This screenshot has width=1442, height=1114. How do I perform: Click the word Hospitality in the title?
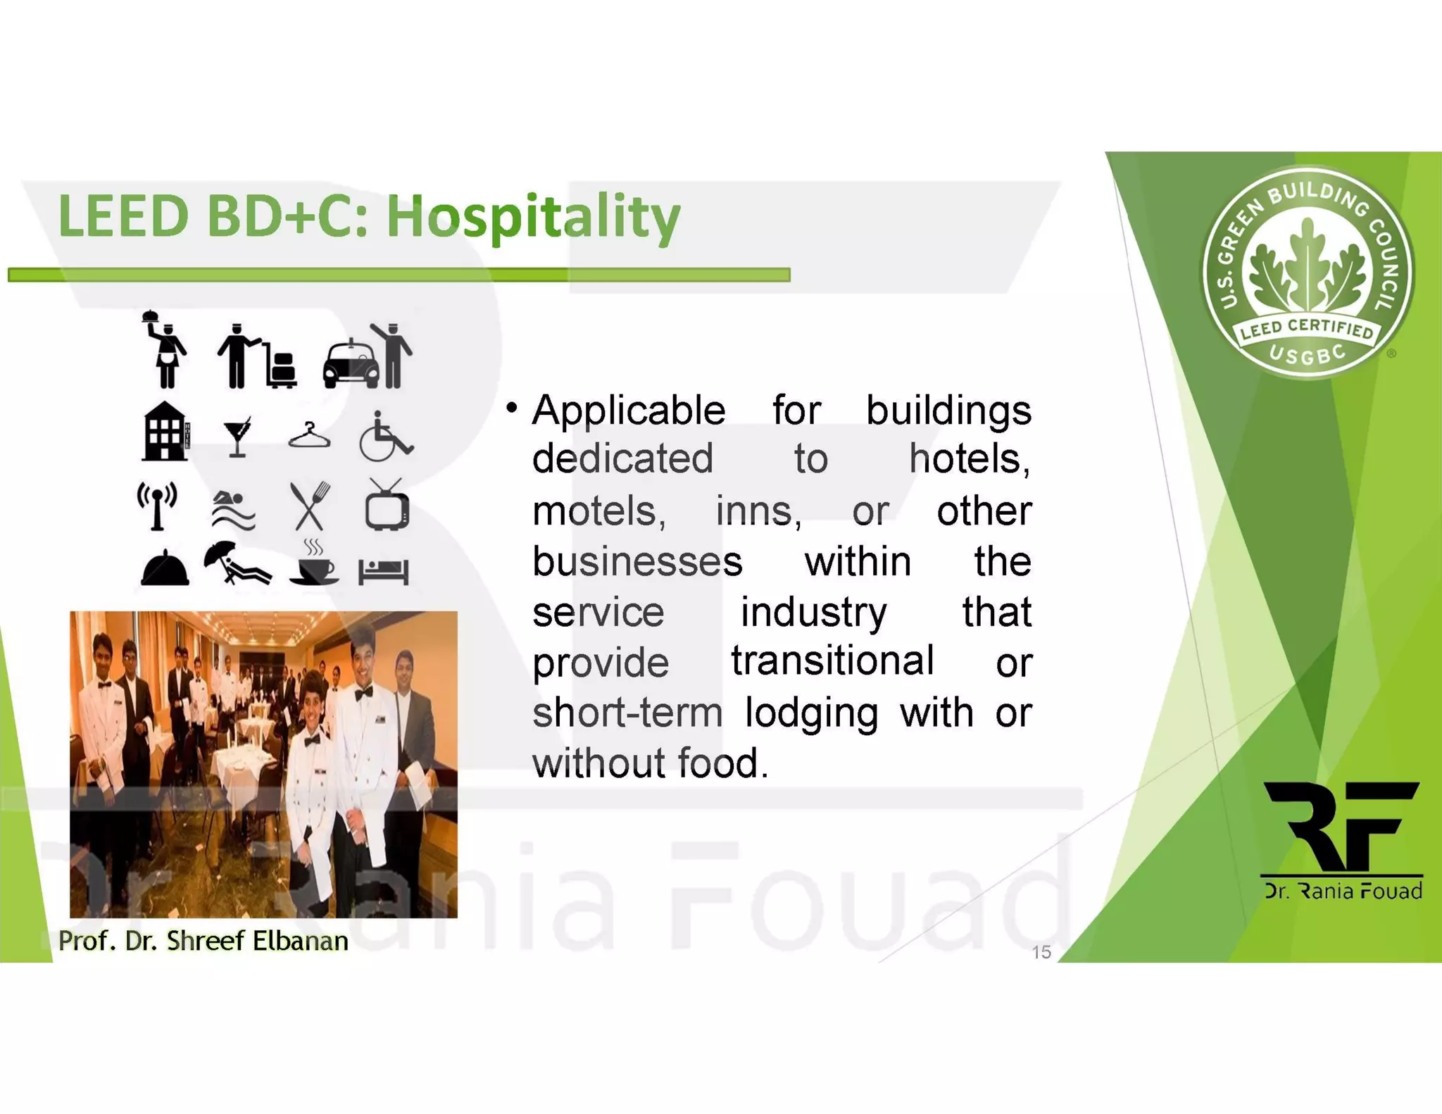click(x=533, y=217)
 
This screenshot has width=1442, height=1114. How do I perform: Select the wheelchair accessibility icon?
click(x=385, y=437)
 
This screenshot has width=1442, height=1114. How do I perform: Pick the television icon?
click(x=387, y=506)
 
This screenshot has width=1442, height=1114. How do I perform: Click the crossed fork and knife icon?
click(x=310, y=506)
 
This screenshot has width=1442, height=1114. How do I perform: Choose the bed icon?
click(x=384, y=571)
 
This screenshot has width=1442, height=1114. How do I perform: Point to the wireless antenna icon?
click(x=157, y=506)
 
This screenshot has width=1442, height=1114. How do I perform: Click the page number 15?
click(x=1041, y=952)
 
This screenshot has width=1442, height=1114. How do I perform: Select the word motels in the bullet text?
click(x=598, y=511)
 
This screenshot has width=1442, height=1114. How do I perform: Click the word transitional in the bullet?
click(x=832, y=661)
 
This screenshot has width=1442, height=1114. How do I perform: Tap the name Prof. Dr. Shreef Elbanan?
click(x=203, y=941)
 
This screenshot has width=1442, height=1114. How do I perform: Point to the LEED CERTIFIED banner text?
click(x=1307, y=328)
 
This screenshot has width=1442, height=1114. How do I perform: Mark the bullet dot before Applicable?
click(x=512, y=408)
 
